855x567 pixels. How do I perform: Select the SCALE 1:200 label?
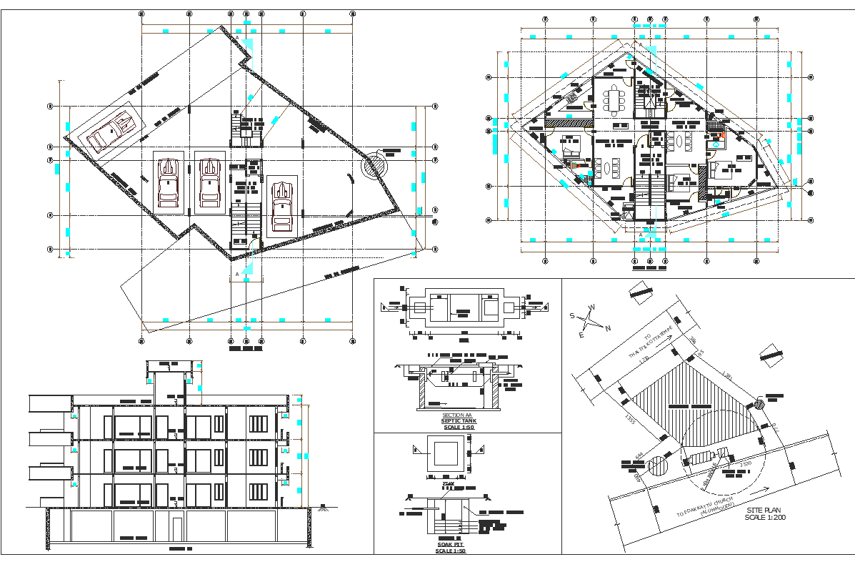tap(765, 516)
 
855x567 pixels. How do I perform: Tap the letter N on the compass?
tap(608, 328)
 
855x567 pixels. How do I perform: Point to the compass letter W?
tap(591, 308)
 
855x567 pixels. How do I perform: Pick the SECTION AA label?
tap(457, 415)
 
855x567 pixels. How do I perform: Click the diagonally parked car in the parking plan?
tap(111, 132)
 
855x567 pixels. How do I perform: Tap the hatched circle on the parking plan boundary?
tap(372, 165)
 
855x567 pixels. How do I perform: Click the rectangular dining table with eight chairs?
tap(614, 99)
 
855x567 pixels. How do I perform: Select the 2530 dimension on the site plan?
tap(745, 465)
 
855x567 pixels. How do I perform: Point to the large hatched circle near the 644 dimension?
tap(657, 467)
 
